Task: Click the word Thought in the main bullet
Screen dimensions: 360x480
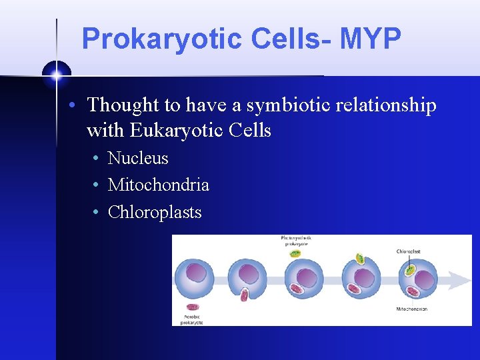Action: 123,105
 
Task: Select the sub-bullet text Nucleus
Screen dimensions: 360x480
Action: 138,159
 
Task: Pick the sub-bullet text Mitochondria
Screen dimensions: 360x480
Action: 158,185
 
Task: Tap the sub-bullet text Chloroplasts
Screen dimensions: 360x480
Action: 154,213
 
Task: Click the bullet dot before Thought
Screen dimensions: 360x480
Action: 79,106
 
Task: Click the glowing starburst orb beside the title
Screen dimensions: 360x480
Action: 57,75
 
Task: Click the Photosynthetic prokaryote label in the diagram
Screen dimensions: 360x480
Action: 296,241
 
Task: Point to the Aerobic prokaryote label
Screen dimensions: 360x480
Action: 192,319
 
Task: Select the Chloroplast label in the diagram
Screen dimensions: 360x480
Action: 408,251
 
